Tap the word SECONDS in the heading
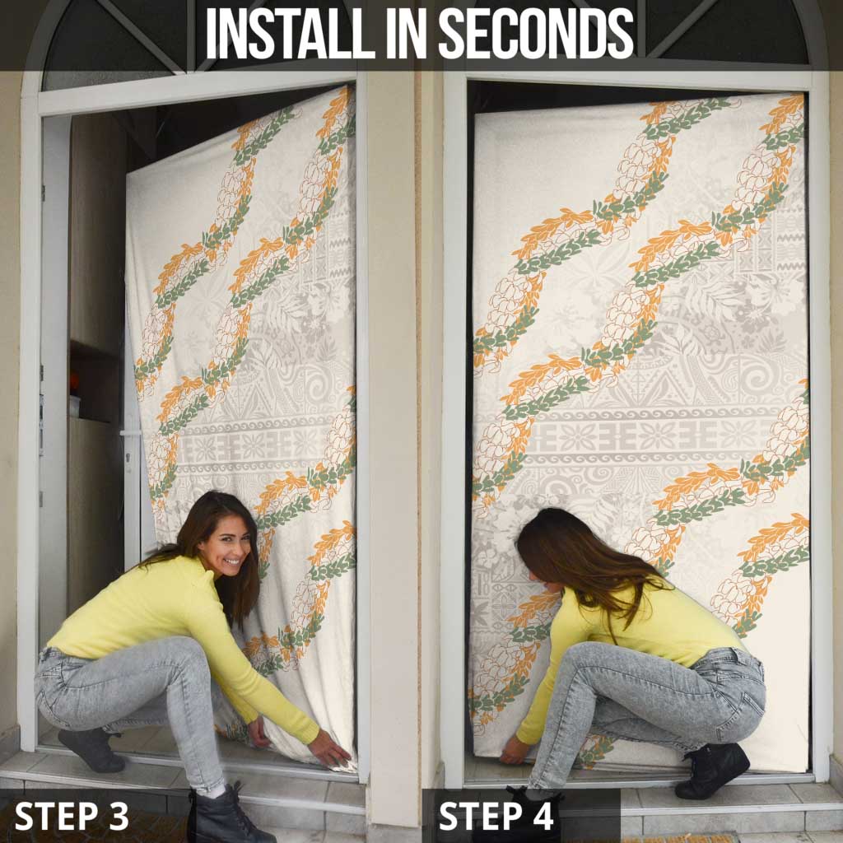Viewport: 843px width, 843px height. (x=536, y=34)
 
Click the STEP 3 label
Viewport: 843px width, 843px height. (x=72, y=816)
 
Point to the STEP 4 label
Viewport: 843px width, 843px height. (x=496, y=816)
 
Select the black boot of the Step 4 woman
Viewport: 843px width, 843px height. (x=713, y=771)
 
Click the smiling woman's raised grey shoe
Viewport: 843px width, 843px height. (x=91, y=749)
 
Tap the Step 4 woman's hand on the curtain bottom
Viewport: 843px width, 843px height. (x=515, y=751)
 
